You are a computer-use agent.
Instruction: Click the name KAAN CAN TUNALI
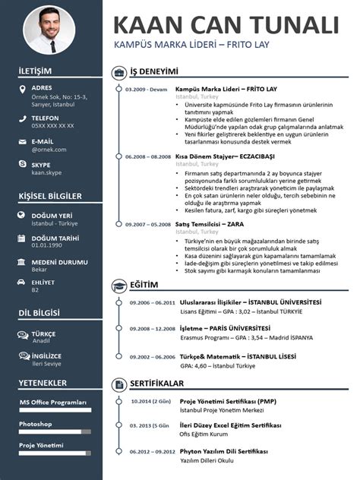225,24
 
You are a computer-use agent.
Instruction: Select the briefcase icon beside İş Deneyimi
120,72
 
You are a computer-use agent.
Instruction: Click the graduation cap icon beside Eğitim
120,286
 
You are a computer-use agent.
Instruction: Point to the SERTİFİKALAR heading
157,384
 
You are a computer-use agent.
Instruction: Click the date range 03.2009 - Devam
146,90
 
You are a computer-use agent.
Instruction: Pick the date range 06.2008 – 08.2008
148,156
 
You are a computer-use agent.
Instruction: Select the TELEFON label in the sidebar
46,118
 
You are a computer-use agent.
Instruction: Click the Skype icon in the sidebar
21,165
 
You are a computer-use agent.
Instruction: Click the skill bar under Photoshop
55,431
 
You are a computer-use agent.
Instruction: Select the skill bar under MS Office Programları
55,410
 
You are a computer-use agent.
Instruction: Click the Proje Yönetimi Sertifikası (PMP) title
227,401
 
